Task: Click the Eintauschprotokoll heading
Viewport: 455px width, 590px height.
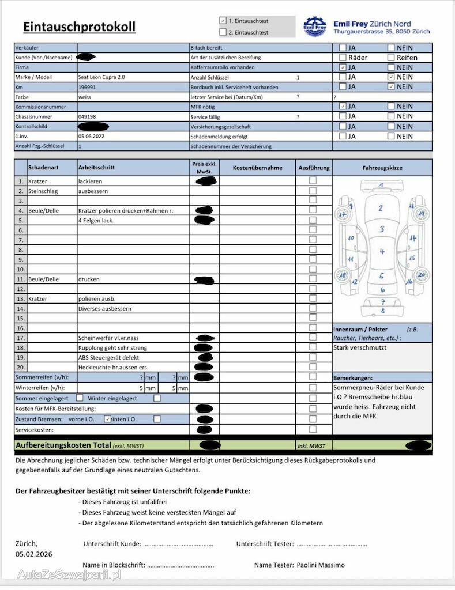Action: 80,27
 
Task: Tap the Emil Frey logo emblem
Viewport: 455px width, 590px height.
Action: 315,27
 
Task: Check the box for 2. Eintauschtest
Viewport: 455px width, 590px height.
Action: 223,32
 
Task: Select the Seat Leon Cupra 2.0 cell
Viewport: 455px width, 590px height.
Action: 101,77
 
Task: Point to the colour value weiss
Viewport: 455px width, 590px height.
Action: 85,97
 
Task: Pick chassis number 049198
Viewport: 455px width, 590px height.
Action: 87,116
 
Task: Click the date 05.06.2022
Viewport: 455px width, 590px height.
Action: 92,137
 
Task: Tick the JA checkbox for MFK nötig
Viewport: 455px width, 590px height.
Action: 343,107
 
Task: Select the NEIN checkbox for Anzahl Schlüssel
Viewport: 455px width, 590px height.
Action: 391,77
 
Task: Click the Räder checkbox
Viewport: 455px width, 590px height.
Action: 343,58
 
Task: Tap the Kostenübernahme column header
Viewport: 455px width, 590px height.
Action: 257,168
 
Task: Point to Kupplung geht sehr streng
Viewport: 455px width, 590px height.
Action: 112,347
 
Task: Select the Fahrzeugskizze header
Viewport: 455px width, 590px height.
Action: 382,168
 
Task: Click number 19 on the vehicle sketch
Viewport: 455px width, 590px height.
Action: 421,213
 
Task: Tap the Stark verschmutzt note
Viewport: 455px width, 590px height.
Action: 360,347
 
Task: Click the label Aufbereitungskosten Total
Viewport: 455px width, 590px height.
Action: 63,445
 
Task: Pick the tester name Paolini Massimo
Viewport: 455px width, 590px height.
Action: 321,565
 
